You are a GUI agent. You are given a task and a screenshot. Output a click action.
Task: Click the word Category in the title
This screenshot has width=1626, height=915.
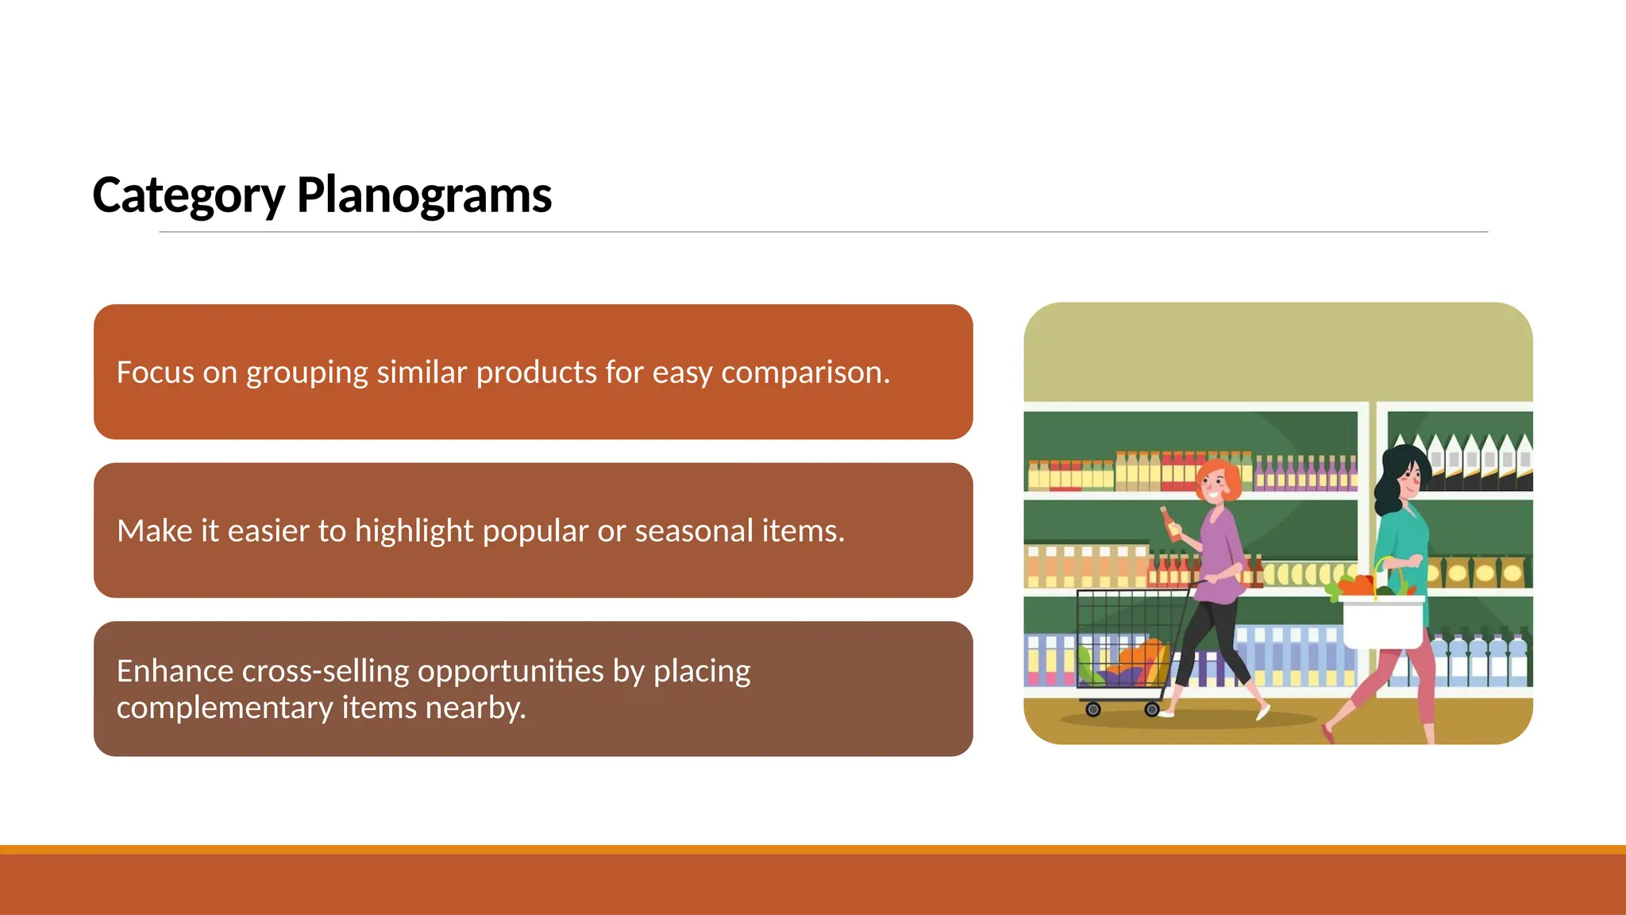(x=188, y=195)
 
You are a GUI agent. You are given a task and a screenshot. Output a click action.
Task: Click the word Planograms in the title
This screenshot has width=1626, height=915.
(x=424, y=195)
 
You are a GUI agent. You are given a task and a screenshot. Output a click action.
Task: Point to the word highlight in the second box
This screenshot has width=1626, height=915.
(x=414, y=531)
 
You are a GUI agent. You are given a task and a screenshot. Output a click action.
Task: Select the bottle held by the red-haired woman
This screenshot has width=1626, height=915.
(x=1170, y=525)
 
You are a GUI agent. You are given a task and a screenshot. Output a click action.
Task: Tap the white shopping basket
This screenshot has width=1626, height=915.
(x=1382, y=623)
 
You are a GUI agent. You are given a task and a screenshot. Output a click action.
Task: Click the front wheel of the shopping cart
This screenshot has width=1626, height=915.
(x=1152, y=709)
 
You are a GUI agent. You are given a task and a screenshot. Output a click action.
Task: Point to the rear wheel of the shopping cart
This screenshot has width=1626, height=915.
(x=1093, y=709)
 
